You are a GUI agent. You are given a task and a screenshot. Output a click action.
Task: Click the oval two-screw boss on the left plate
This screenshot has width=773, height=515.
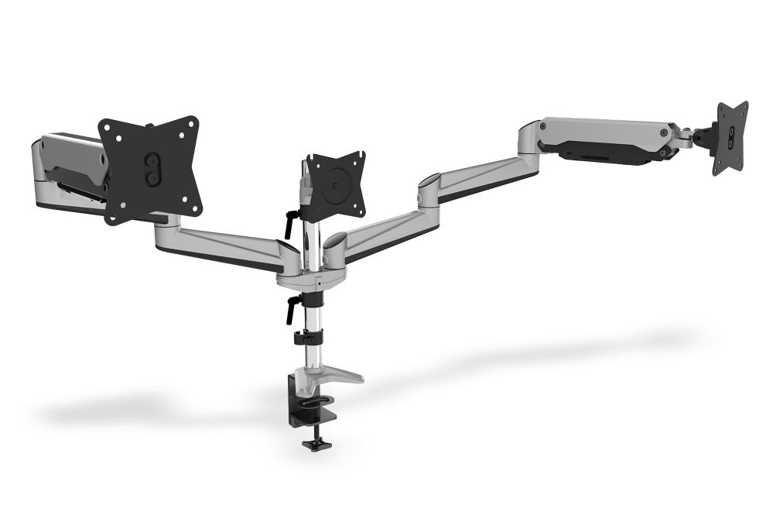[x=153, y=168]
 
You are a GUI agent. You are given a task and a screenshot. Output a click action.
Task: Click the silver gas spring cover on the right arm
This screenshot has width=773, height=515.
[x=604, y=133]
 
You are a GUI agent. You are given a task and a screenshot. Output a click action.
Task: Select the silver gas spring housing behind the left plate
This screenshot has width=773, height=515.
[x=66, y=167]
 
